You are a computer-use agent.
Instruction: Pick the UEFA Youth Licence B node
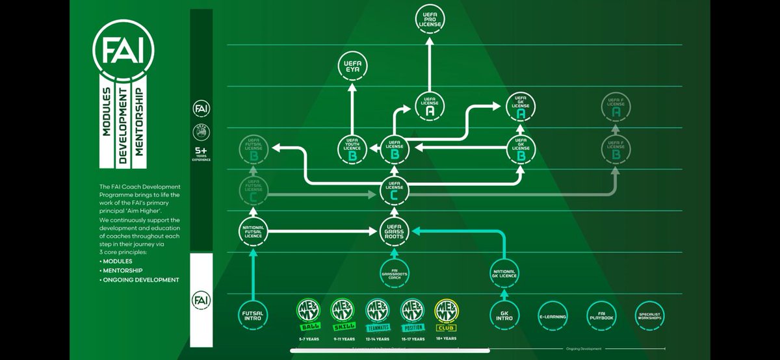point(353,149)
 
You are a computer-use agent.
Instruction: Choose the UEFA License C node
point(394,191)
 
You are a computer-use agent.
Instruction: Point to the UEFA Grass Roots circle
point(394,231)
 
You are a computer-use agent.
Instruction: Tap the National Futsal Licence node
point(252,231)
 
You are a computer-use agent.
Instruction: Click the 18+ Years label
point(447,338)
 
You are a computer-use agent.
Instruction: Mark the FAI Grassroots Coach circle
point(394,273)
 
